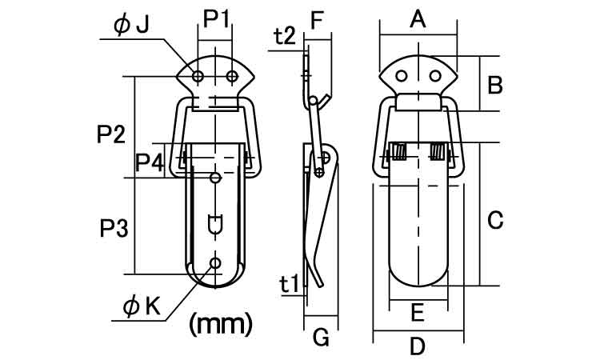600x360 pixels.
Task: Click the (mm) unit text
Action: [x=220, y=323]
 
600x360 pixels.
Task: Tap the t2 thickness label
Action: [x=284, y=36]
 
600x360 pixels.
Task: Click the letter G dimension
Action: [x=320, y=338]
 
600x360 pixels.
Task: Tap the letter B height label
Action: [x=494, y=83]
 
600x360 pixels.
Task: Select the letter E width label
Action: [x=417, y=314]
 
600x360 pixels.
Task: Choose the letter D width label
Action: [x=417, y=347]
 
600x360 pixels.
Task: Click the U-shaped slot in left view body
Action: [x=214, y=225]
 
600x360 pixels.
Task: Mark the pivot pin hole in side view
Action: [x=319, y=170]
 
